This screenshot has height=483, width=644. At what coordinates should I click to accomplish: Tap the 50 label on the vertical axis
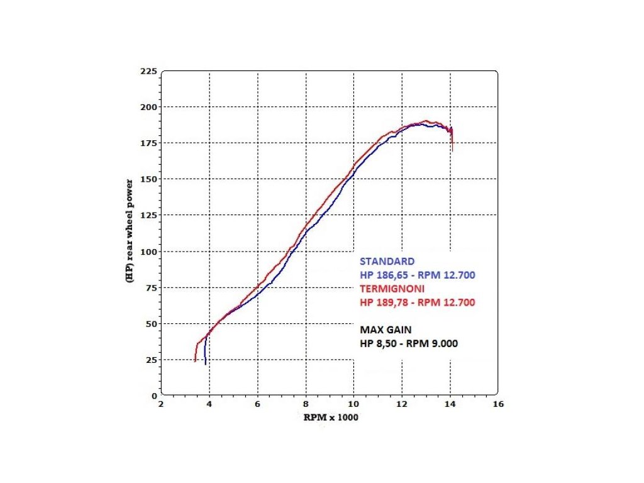click(150, 324)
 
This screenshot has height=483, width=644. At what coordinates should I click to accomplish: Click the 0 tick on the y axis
click(153, 396)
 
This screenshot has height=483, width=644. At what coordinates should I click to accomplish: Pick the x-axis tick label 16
click(498, 405)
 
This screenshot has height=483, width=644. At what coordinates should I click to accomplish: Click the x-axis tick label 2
click(161, 405)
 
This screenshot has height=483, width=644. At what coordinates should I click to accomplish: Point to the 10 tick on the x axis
click(353, 405)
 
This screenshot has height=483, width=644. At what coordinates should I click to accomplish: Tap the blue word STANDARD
click(387, 262)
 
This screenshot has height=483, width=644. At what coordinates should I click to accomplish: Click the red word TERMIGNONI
click(392, 289)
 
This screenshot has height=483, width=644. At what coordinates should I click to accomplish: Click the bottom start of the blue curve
click(206, 364)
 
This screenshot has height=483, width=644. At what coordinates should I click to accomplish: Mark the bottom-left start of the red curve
click(196, 360)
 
